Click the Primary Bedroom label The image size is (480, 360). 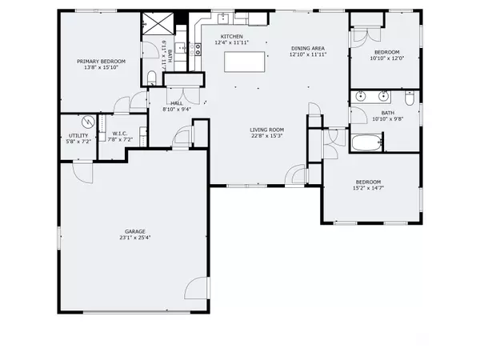[x=101, y=62]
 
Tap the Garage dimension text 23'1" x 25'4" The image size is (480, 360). [x=135, y=238]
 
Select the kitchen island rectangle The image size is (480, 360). [x=244, y=62]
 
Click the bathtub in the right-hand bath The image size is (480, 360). [x=367, y=142]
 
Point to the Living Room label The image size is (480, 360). [x=267, y=130]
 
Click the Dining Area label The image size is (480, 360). [x=308, y=48]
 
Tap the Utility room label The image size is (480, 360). [x=78, y=135]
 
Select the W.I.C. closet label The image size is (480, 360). [x=120, y=134]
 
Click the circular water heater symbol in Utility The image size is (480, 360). [x=89, y=122]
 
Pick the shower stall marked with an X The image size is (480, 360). [x=158, y=23]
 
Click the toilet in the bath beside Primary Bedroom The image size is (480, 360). [x=152, y=78]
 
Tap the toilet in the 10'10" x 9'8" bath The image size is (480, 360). [x=410, y=98]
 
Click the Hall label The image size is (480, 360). [x=177, y=103]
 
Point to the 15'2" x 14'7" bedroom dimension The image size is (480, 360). [x=368, y=188]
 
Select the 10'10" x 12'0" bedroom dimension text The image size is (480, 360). [x=387, y=58]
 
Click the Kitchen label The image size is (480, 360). [x=232, y=37]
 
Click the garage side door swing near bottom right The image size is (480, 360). [x=197, y=288]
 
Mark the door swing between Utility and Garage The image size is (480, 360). [x=82, y=172]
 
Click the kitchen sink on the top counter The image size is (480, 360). [x=223, y=18]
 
